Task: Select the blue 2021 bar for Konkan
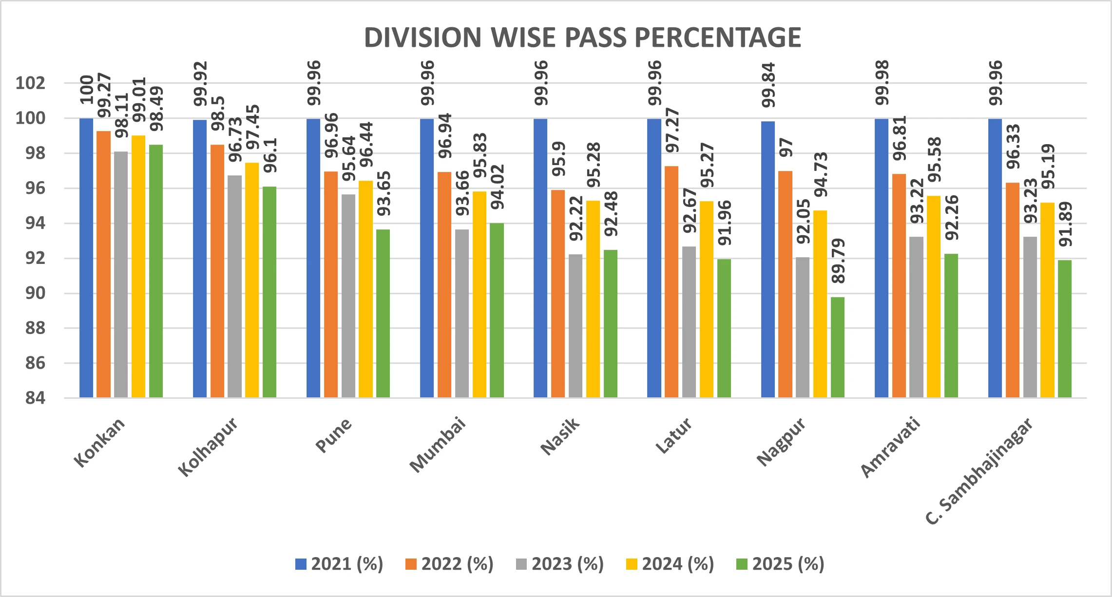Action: click(x=86, y=258)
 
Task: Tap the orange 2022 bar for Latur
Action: click(x=671, y=282)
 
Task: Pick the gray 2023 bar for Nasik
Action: click(x=575, y=326)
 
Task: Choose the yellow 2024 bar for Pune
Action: click(x=365, y=289)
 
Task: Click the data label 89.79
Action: click(x=838, y=261)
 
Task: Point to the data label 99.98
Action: click(x=882, y=83)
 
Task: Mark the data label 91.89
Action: click(x=1065, y=224)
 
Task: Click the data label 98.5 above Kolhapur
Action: click(x=218, y=114)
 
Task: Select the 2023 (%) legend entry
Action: click(x=560, y=564)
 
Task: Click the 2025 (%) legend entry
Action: click(x=780, y=564)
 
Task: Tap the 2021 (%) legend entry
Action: click(x=340, y=564)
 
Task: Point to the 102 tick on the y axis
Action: click(x=30, y=83)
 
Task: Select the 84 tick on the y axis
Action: click(x=35, y=398)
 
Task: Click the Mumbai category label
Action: click(x=438, y=445)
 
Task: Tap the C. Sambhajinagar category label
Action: click(x=979, y=471)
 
